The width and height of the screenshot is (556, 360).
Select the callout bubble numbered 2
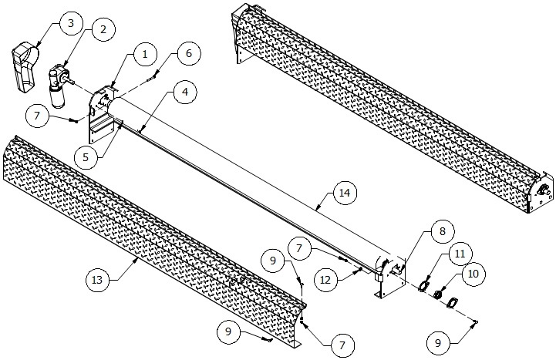(x=101, y=29)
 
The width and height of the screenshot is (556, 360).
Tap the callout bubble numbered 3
(x=70, y=23)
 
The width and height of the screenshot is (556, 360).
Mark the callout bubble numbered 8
(x=443, y=230)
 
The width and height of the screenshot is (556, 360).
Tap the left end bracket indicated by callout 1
(x=99, y=116)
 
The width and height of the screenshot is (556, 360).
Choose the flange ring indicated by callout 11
(x=423, y=286)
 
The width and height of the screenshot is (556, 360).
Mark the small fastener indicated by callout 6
(x=155, y=75)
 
